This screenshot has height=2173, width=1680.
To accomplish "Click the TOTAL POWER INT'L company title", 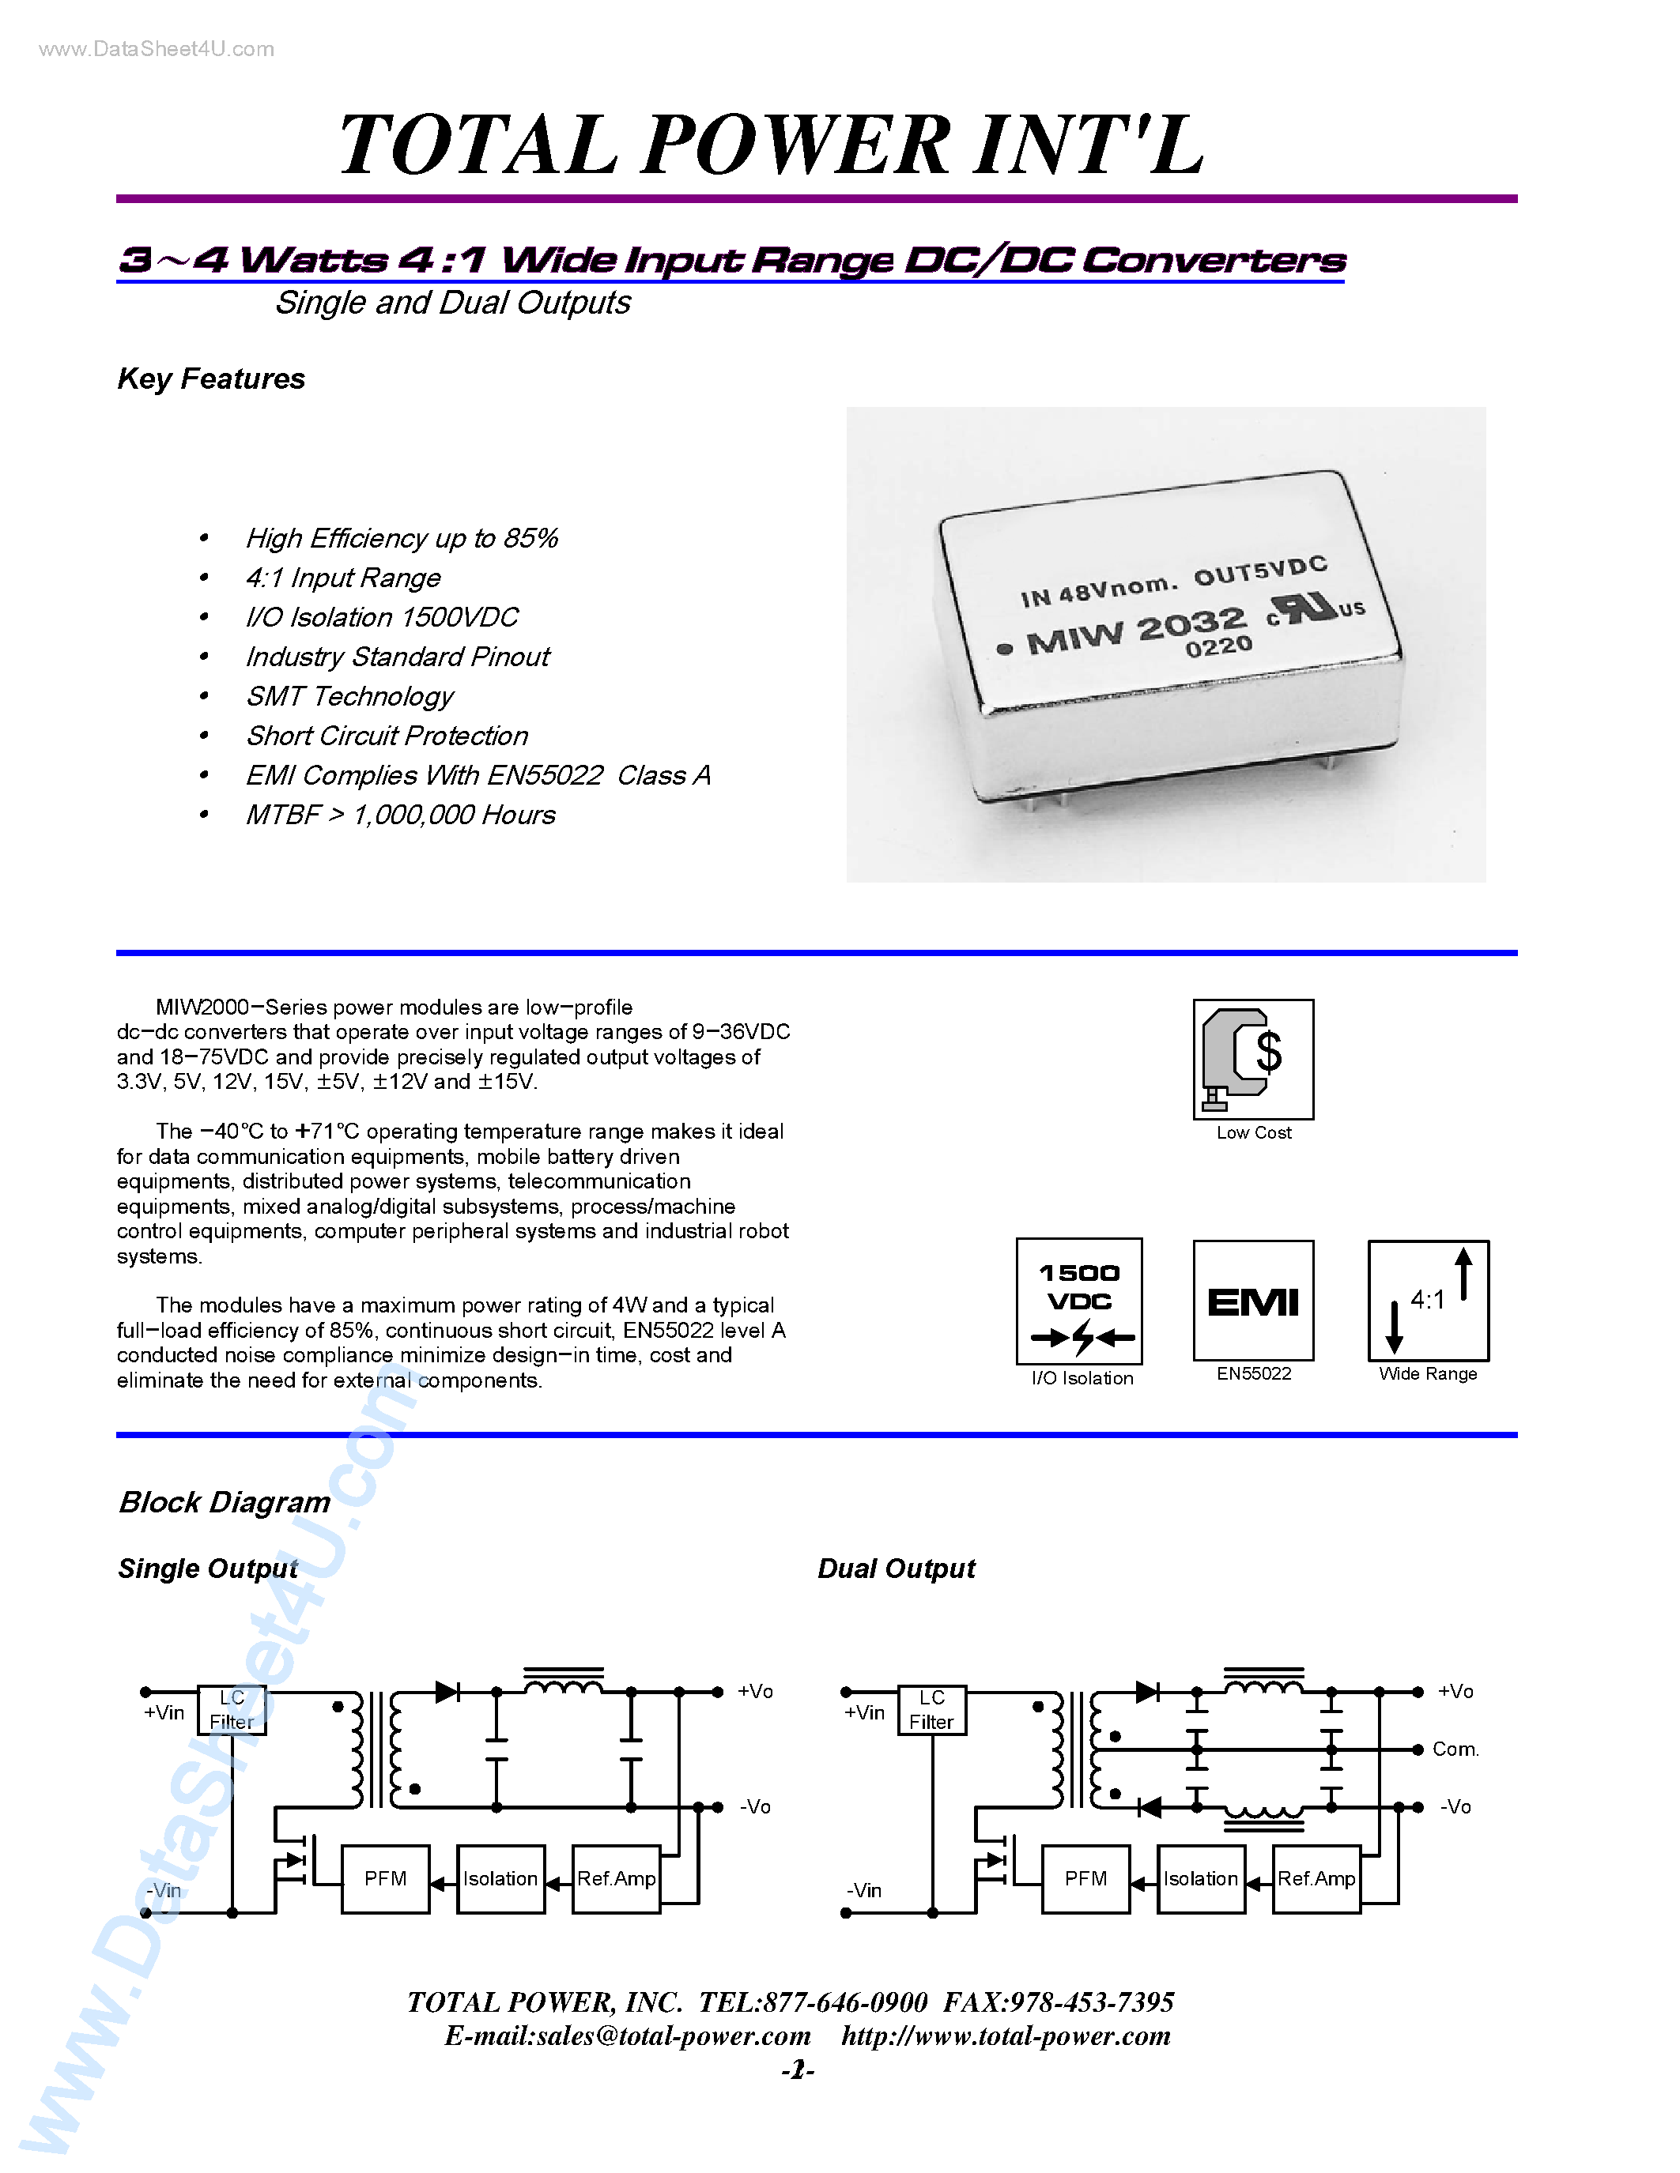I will tap(772, 145).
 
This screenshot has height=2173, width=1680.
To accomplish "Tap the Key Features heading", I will tap(211, 379).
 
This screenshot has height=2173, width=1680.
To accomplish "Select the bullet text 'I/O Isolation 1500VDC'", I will tap(381, 617).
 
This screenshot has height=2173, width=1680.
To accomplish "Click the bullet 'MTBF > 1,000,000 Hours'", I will tap(400, 815).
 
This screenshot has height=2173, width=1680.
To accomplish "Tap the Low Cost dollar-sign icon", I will tap(1253, 1060).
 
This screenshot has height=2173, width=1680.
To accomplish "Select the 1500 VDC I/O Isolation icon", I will tap(1079, 1301).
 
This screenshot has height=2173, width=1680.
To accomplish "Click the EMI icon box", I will tap(1253, 1301).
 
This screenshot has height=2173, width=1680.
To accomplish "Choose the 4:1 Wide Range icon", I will tap(1429, 1301).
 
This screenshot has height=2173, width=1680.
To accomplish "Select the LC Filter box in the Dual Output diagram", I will tap(931, 1710).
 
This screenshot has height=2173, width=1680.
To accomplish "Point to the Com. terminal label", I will tap(1455, 1750).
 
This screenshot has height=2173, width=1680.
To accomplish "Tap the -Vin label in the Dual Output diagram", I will tap(864, 1890).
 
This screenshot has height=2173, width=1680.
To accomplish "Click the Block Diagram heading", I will tap(225, 1502).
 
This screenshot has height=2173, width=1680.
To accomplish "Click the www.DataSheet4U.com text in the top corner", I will tap(157, 50).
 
